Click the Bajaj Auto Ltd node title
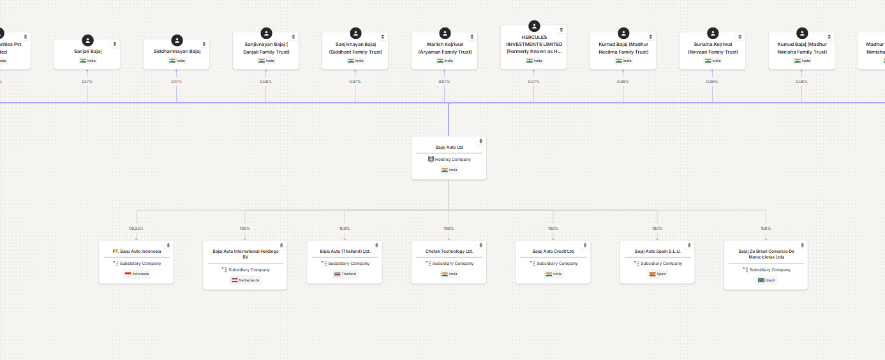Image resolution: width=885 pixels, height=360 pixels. (449, 147)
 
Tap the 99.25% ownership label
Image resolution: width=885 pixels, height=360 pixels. (136, 229)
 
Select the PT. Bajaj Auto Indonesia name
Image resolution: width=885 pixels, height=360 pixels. (137, 251)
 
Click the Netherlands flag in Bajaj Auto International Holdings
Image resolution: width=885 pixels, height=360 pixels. (235, 280)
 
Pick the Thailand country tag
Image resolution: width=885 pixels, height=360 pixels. (345, 274)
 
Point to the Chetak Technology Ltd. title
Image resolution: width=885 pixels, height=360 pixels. (449, 251)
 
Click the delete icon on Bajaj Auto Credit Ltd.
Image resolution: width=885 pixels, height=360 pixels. (585, 245)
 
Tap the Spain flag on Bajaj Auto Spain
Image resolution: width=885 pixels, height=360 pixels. (653, 274)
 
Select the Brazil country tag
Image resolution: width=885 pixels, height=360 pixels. (766, 280)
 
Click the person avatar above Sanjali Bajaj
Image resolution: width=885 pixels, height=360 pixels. (87, 40)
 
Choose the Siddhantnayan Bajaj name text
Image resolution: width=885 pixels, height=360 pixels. (177, 51)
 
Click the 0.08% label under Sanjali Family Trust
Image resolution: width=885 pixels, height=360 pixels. (265, 82)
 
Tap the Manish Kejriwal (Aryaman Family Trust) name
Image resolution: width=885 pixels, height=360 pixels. (445, 48)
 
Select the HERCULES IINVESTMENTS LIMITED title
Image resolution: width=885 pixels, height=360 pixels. (534, 44)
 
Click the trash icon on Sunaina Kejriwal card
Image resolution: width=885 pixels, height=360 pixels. (740, 36)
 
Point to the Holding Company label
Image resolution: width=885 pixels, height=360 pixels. (452, 160)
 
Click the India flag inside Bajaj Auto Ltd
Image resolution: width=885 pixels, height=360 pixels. (445, 170)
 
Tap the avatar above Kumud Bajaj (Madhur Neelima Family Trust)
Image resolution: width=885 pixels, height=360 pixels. (623, 33)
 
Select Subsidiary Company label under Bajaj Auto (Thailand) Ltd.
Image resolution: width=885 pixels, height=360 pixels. (348, 264)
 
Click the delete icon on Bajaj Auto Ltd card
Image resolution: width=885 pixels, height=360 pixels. (481, 141)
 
